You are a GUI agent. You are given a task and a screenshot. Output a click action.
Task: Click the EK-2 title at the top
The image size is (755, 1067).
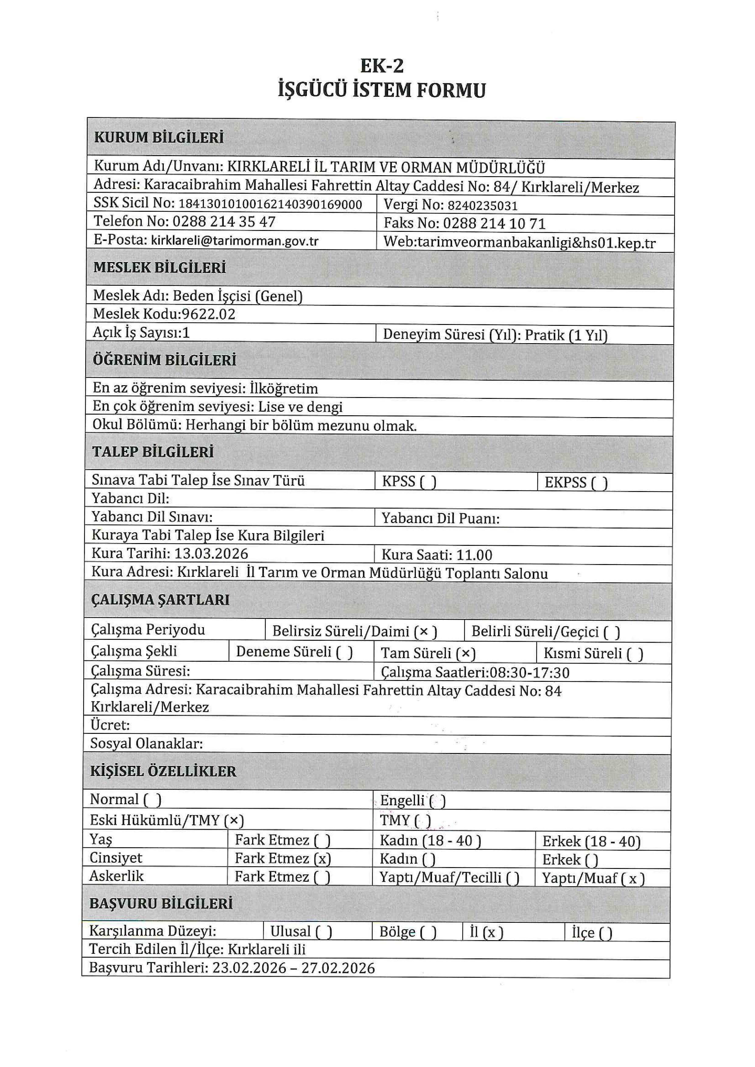click(x=382, y=66)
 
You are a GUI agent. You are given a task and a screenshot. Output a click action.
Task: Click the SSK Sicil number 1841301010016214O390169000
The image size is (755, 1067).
click(x=270, y=204)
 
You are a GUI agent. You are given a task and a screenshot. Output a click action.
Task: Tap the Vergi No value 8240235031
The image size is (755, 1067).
click(x=482, y=205)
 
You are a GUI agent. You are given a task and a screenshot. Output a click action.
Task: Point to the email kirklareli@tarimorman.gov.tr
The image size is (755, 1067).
click(x=235, y=241)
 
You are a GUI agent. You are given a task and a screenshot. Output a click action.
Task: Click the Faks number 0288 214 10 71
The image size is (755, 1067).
click(x=494, y=224)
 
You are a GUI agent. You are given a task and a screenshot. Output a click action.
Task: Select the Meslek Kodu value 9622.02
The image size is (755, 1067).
click(x=209, y=314)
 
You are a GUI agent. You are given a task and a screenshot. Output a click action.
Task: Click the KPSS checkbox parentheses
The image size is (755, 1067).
click(x=428, y=482)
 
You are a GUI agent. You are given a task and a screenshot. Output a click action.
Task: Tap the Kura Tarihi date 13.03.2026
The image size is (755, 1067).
click(x=211, y=553)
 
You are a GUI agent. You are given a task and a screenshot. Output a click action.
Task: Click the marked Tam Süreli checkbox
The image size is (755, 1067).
click(x=466, y=654)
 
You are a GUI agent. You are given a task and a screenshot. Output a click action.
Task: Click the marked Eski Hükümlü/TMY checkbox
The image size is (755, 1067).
click(x=234, y=821)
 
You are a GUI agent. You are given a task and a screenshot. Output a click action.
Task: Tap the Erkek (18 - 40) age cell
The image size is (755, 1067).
click(x=591, y=842)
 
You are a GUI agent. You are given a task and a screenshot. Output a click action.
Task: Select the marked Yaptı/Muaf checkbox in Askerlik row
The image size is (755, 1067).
click(x=633, y=878)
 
